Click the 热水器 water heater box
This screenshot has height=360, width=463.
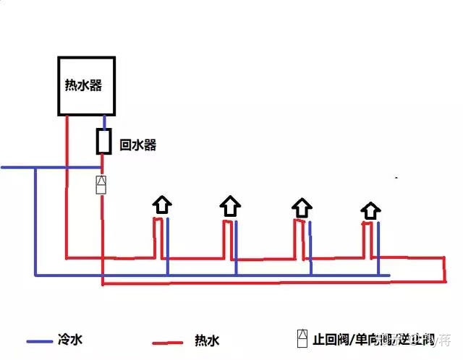[x=87, y=85]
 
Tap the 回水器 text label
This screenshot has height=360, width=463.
[x=138, y=145]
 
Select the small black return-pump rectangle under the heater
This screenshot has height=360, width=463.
[x=104, y=141]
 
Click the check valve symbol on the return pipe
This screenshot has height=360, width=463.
[x=102, y=184]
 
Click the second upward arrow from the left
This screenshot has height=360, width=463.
[x=230, y=206]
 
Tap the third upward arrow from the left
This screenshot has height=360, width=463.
[x=301, y=207]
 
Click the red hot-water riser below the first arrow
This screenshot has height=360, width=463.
[x=156, y=239]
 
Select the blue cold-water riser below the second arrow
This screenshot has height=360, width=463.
[x=237, y=246]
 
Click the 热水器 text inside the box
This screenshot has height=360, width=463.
[x=82, y=85]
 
